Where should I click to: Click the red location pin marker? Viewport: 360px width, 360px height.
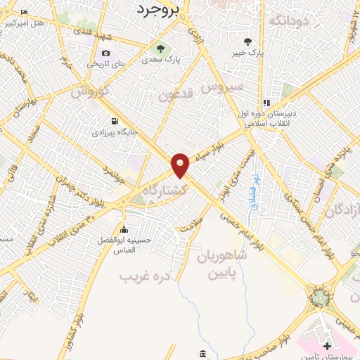pyautogui.click(x=181, y=165)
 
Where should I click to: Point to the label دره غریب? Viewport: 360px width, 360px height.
pyautogui.click(x=146, y=276)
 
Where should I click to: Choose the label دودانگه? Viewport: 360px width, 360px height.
pyautogui.click(x=290, y=20)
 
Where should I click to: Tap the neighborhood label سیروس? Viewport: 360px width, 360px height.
pyautogui.click(x=221, y=87)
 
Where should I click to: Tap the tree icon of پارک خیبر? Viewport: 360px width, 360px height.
pyautogui.click(x=247, y=41)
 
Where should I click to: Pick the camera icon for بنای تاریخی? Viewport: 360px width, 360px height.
pyautogui.click(x=105, y=53)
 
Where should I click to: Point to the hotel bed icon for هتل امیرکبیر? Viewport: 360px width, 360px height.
pyautogui.click(x=25, y=13)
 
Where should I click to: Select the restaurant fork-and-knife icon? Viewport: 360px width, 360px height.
pyautogui.click(x=266, y=102)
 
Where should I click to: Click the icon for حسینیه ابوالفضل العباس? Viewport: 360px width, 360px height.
pyautogui.click(x=124, y=229)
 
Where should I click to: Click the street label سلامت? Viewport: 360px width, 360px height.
pyautogui.click(x=189, y=224)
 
